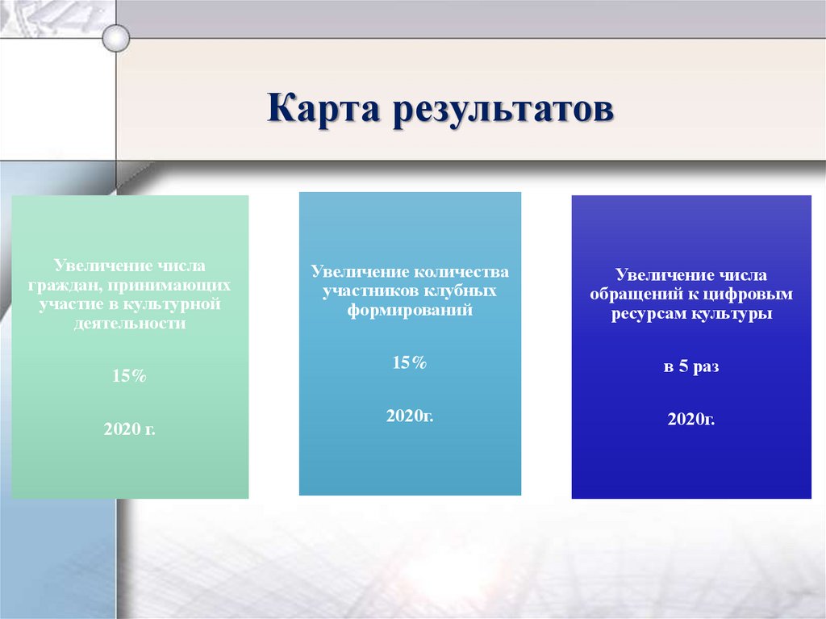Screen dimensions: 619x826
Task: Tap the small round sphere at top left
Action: pos(117,36)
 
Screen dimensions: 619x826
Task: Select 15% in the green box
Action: pos(130,376)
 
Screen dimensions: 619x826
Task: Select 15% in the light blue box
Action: pos(409,363)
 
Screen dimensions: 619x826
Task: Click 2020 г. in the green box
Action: pos(130,429)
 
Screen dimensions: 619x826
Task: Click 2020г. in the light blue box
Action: pos(409,416)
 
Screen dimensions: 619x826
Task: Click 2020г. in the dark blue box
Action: pos(691,419)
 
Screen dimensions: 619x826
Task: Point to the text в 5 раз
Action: pos(691,366)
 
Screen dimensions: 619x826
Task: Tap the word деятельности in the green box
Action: pos(130,324)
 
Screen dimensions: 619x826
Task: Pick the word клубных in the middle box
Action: pos(464,291)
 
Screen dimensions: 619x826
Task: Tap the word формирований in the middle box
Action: pos(410,310)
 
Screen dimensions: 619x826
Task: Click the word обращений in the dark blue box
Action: pos(629,295)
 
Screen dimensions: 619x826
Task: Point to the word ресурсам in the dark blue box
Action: pos(646,314)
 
